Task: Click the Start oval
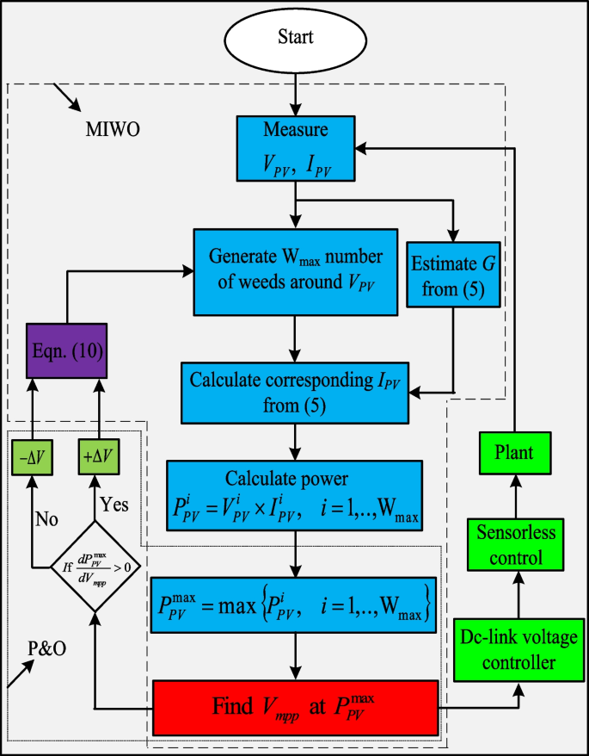(x=296, y=37)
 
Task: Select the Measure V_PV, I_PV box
(x=296, y=148)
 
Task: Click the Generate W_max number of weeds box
(x=295, y=270)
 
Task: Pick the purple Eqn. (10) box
(x=66, y=350)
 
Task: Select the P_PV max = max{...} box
(x=295, y=602)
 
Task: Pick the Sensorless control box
(x=515, y=545)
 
